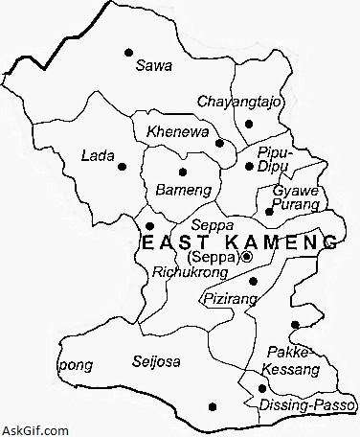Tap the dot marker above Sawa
pyautogui.click(x=128, y=52)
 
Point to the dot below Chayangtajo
pyautogui.click(x=249, y=124)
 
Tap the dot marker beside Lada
pyautogui.click(x=122, y=167)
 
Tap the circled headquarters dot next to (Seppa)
pyautogui.click(x=247, y=257)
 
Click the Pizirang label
pyautogui.click(x=227, y=300)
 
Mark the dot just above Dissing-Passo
pyautogui.click(x=261, y=388)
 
